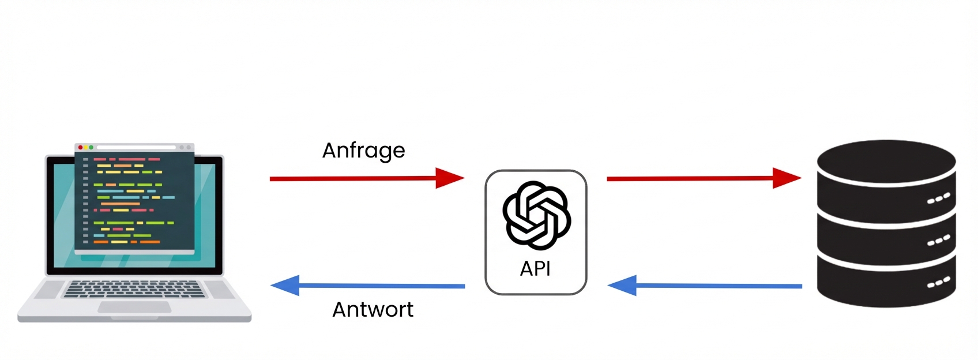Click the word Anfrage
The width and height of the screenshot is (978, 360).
pos(363,151)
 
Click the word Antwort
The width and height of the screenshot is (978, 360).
pos(373,310)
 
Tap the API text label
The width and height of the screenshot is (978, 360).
pos(535,269)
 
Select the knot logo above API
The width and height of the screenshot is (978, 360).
pos(536,215)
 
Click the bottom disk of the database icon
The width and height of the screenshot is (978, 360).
pos(886,283)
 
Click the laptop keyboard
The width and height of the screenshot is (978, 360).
pos(134,288)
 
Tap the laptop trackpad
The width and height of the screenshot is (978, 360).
pos(134,307)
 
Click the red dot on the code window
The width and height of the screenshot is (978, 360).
pos(81,148)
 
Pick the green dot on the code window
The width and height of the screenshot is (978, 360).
pos(91,148)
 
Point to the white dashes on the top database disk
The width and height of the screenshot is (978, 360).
pos(938,199)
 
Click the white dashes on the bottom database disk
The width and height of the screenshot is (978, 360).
pos(938,283)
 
